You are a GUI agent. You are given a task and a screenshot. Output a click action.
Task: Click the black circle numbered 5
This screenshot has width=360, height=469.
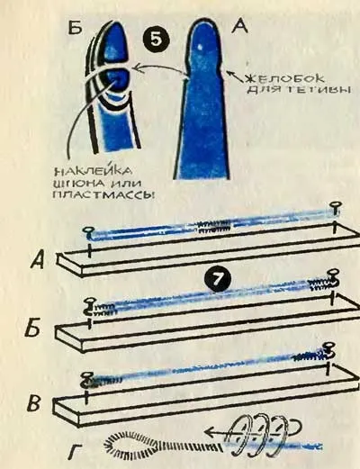coord(156,41)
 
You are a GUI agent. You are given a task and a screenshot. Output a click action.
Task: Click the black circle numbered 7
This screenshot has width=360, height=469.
coord(218,280)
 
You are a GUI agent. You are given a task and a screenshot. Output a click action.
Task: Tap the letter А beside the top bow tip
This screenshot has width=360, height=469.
coord(240,26)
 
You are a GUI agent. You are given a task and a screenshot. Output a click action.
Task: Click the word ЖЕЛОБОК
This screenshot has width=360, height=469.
coord(284,78)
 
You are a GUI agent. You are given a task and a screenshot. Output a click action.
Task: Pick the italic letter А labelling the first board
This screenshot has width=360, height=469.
coord(40,260)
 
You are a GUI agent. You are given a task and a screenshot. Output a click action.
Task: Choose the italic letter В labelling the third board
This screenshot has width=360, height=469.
coord(35,403)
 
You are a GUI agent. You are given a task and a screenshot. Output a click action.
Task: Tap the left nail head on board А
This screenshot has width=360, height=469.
coord(88,230)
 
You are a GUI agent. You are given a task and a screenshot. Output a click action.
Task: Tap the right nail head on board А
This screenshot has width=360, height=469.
coord(334,206)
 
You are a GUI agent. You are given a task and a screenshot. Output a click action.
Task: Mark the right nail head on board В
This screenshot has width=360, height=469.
coord(328,346)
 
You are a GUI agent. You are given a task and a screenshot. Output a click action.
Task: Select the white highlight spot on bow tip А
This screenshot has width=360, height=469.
coord(201,47)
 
